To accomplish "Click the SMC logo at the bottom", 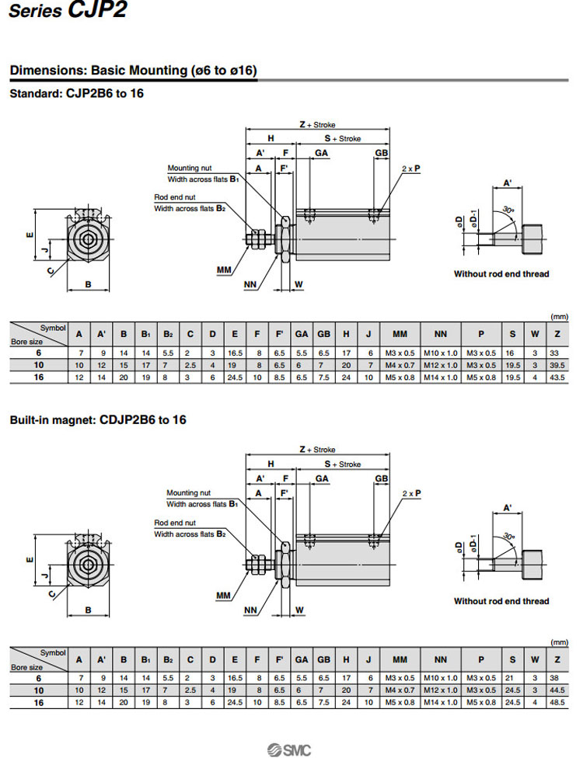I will (x=289, y=749).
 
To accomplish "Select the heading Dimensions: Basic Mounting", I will (x=133, y=71).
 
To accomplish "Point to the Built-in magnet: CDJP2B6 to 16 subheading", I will (x=98, y=420).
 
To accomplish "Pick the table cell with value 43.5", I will (x=557, y=377).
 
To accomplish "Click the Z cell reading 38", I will (x=557, y=678).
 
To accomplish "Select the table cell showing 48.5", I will (x=557, y=702).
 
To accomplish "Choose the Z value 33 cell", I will (x=557, y=353).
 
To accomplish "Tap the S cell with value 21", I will (x=511, y=678).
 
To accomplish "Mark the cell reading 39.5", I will (x=557, y=365).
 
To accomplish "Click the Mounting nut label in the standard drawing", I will (x=189, y=168).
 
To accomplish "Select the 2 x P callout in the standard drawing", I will (x=411, y=168).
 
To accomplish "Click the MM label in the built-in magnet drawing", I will (x=225, y=596).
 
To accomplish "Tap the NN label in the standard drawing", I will (x=250, y=285).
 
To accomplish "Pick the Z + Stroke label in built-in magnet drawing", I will (x=317, y=450).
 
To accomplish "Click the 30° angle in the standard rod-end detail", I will (x=508, y=210).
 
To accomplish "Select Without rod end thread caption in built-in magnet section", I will (x=501, y=601).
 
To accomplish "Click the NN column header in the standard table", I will (x=441, y=334).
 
